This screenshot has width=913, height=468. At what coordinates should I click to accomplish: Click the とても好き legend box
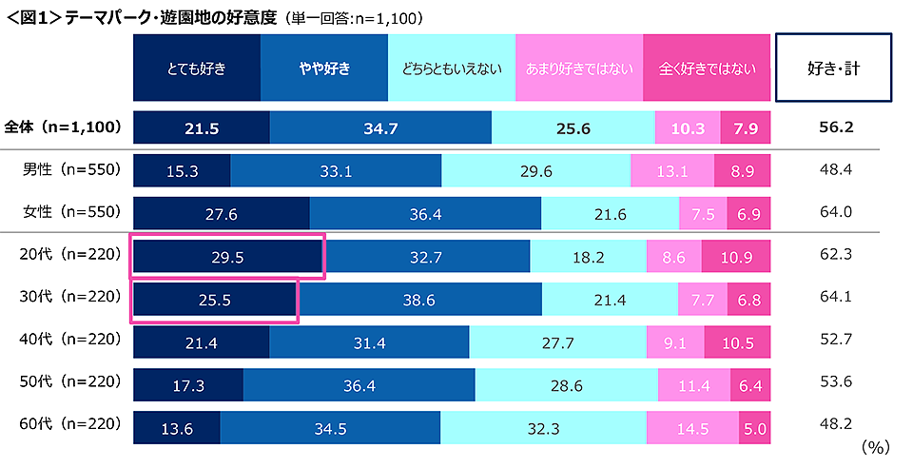click(196, 68)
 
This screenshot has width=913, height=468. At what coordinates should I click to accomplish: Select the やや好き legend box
click(324, 68)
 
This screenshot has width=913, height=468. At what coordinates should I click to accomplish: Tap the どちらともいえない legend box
click(452, 68)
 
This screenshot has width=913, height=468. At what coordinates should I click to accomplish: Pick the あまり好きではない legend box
click(579, 68)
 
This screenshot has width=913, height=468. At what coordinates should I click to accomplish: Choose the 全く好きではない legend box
click(707, 68)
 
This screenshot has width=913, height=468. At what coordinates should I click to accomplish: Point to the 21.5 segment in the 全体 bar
click(202, 128)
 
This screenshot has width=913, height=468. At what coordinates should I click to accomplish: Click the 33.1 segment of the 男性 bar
click(336, 171)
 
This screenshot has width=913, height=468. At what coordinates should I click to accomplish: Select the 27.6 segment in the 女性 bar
click(221, 214)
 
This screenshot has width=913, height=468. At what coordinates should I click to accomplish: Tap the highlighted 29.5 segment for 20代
click(228, 257)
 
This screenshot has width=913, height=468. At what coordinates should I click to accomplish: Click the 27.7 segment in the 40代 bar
click(557, 341)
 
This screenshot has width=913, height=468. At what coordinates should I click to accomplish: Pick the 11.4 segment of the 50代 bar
click(693, 384)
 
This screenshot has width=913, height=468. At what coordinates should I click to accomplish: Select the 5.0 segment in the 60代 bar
click(756, 428)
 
